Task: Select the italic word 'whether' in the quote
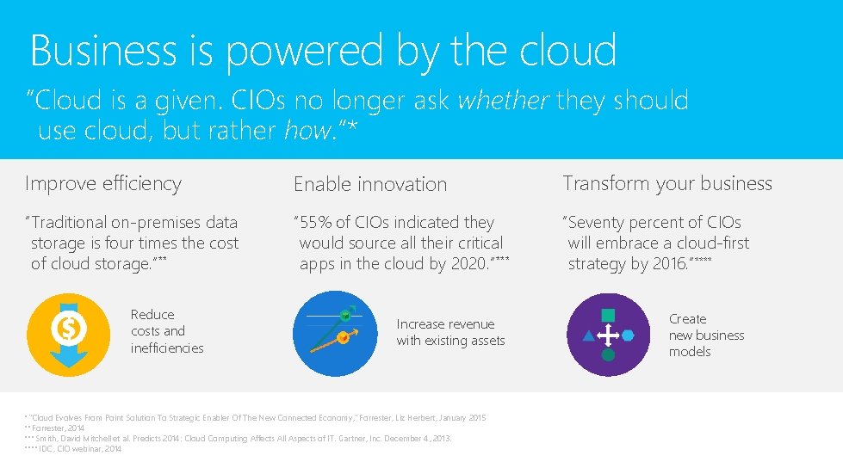tap(503, 101)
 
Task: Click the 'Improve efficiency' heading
tap(103, 183)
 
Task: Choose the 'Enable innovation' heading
tap(370, 184)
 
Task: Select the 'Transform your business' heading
tap(667, 183)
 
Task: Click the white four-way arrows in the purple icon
tap(608, 335)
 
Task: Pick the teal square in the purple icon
tap(608, 315)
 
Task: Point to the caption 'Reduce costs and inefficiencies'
tap(167, 331)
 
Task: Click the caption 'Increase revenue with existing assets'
tap(450, 332)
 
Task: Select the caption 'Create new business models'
tap(706, 335)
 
